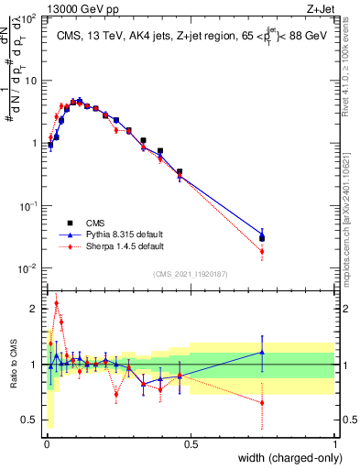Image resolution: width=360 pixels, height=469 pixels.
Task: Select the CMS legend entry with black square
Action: pos(96,223)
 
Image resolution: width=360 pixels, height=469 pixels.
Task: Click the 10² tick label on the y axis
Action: pos(31,18)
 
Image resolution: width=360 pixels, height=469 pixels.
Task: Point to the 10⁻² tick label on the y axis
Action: pos(31,268)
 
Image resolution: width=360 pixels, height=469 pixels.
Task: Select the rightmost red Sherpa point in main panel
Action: pos(263,251)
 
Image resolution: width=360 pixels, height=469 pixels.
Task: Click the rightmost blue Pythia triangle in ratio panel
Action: pos(263,352)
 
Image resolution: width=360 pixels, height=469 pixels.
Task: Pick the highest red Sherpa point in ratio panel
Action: pos(56,303)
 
